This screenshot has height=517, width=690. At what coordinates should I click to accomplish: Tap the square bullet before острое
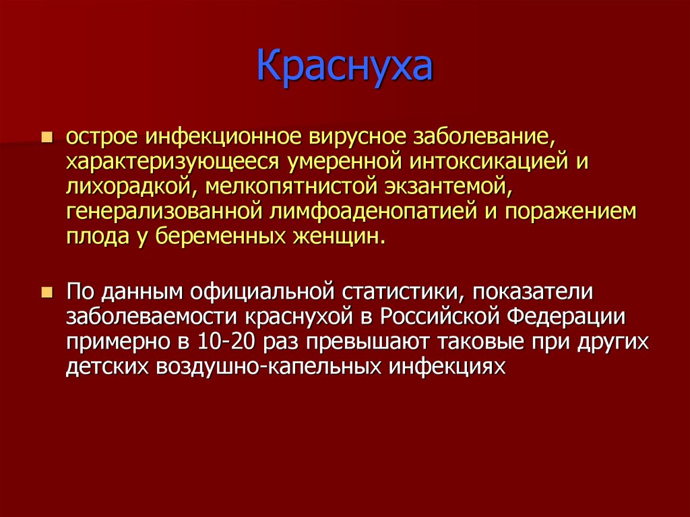click(x=47, y=138)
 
